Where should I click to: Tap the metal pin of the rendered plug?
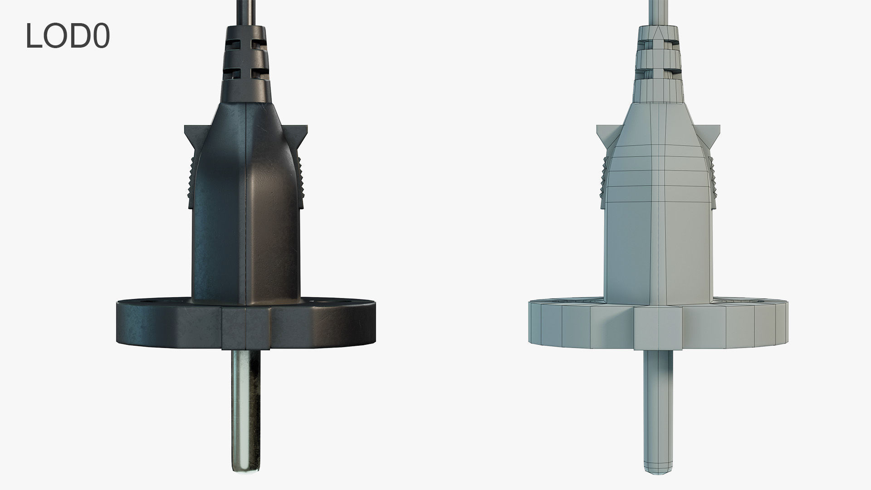coord(245,399)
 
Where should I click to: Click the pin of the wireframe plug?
coord(657,399)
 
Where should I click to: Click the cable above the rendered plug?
coord(245,11)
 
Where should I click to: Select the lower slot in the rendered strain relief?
coord(245,71)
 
